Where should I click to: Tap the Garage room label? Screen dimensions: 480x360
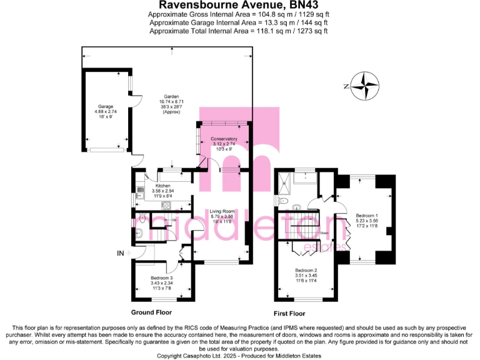104,106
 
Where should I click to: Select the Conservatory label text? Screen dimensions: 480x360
224,139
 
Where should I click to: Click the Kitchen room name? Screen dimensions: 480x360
163,186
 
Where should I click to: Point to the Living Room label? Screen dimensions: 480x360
222,211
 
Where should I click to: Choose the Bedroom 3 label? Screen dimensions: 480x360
162,278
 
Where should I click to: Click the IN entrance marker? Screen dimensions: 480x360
119,253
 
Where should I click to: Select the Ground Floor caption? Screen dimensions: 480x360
151,311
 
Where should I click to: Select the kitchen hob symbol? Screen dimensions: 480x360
166,205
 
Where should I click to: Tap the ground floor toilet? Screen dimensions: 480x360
141,219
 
